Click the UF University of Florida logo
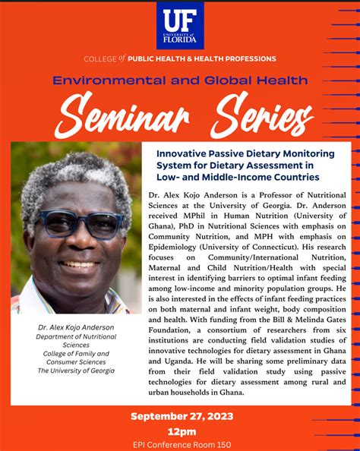pos(180,26)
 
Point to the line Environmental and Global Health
pos(180,80)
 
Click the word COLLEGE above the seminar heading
pos(100,58)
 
